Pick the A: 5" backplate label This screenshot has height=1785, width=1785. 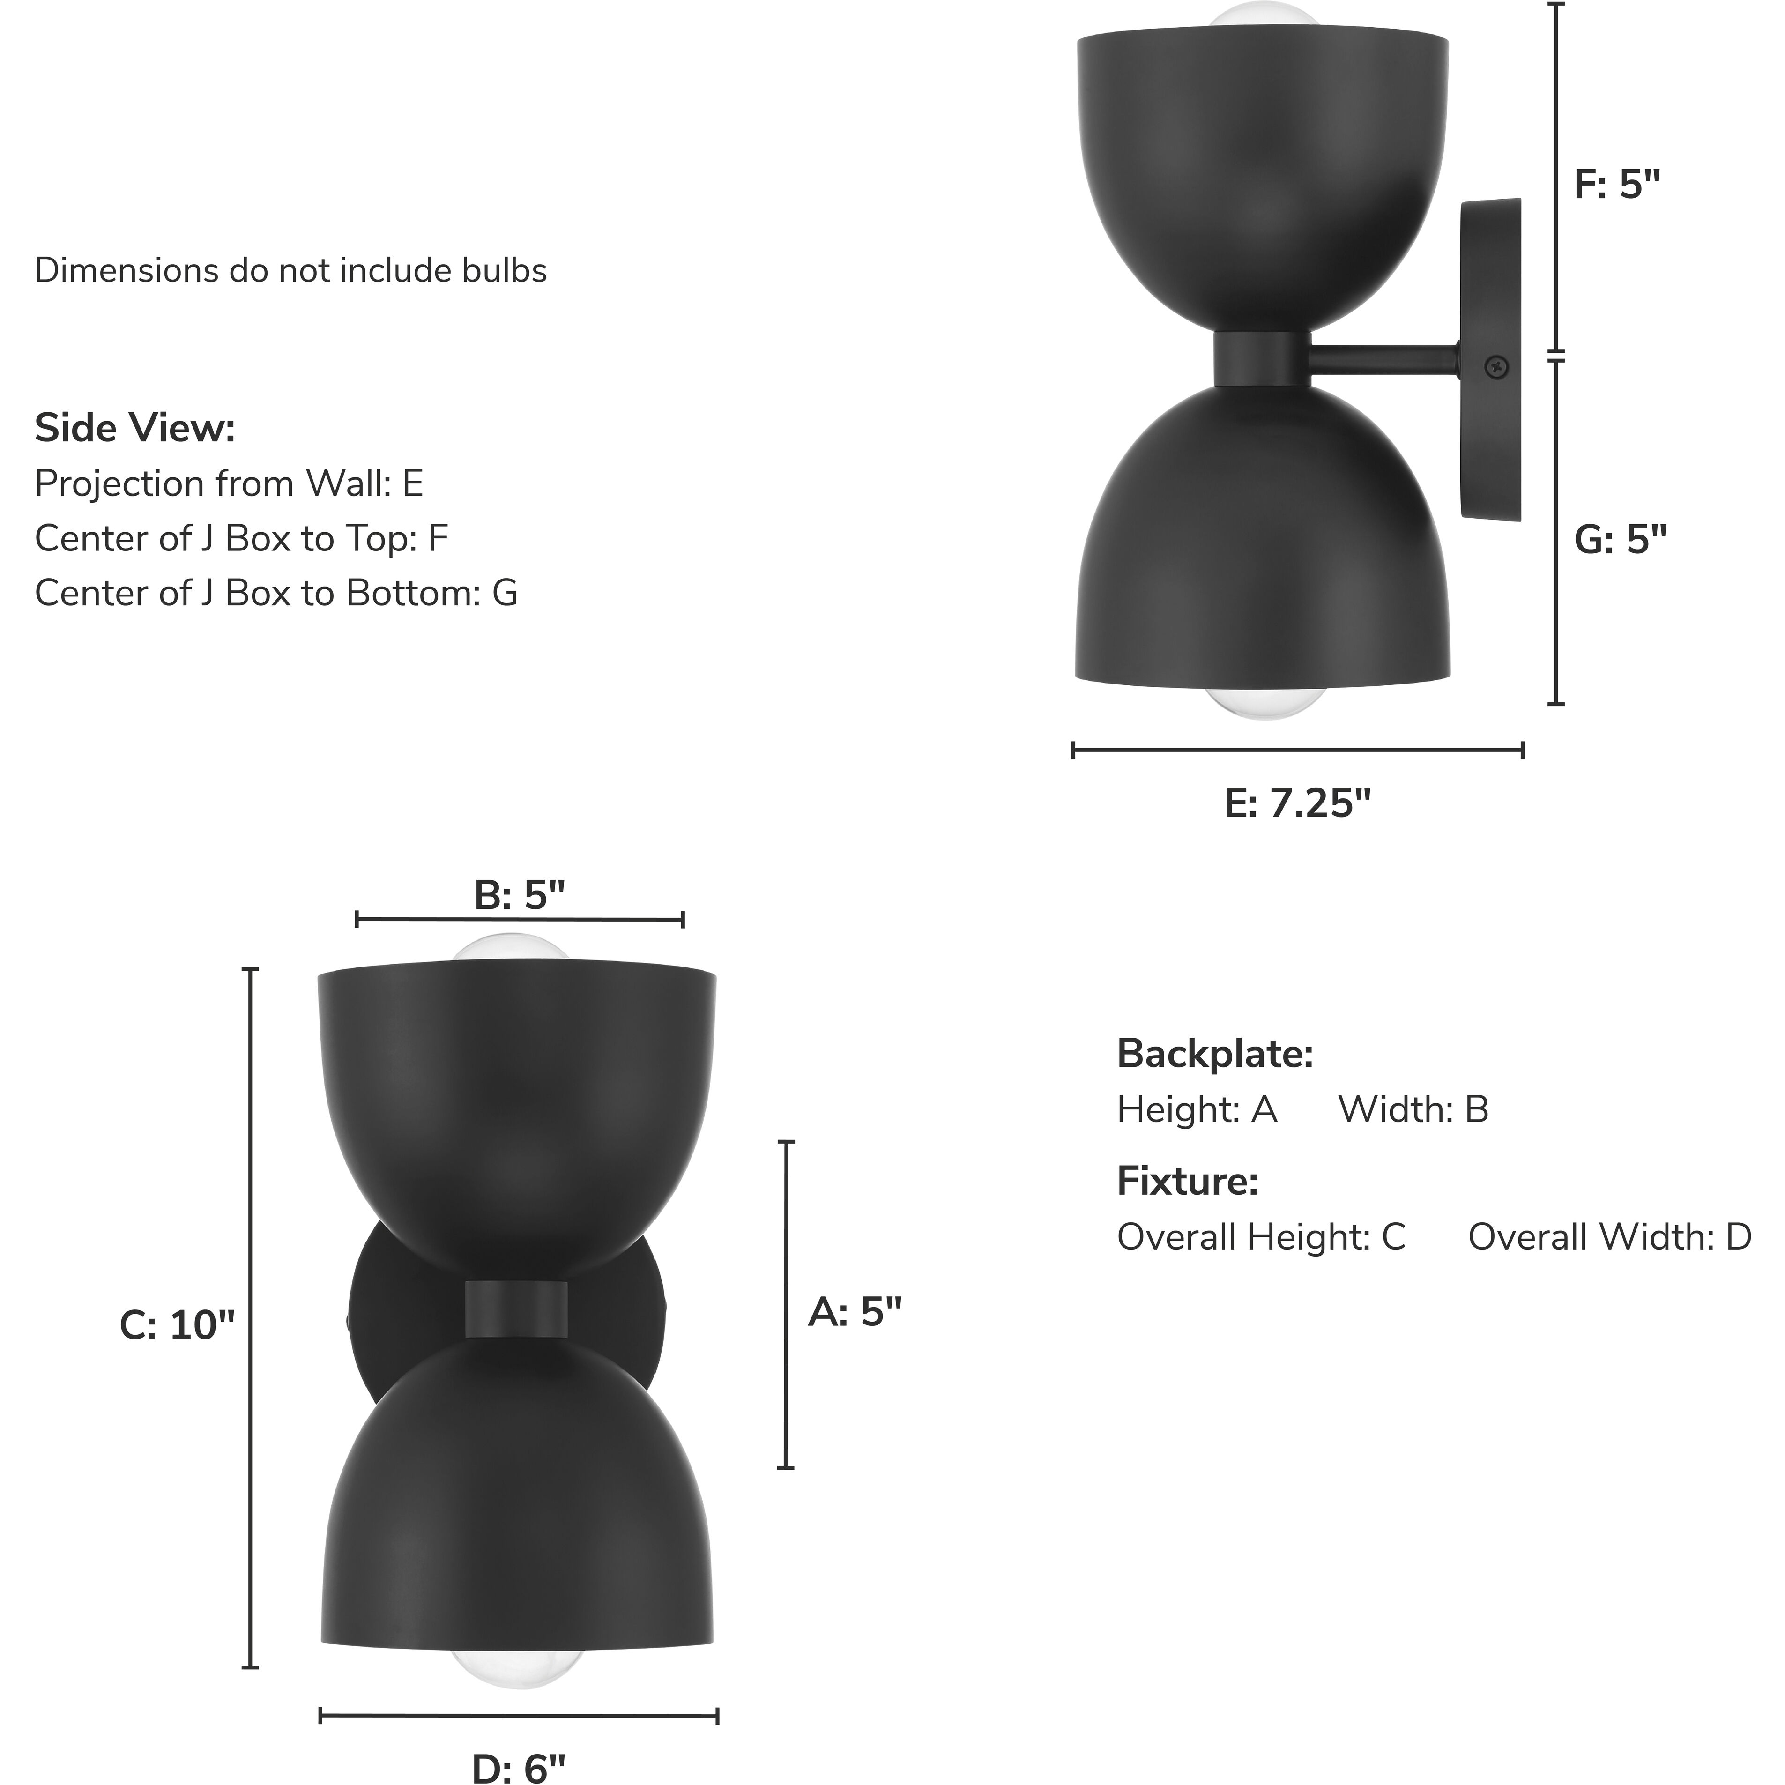[855, 1311]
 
